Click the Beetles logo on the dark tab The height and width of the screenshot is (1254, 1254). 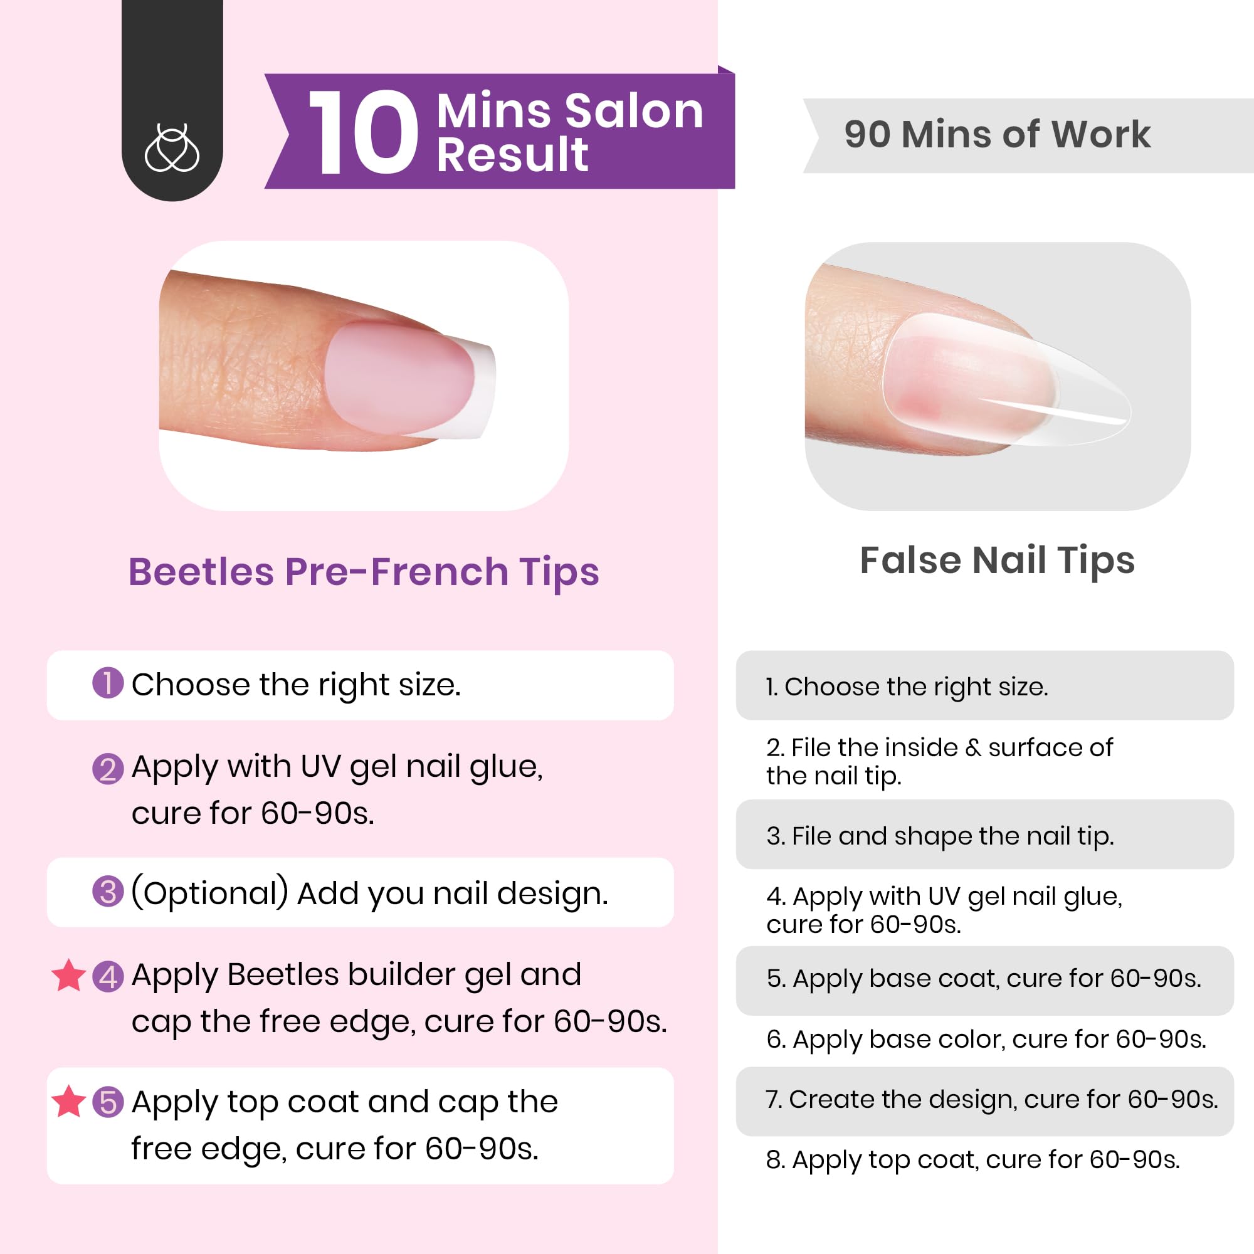(171, 149)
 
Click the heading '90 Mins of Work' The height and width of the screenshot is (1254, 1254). (997, 135)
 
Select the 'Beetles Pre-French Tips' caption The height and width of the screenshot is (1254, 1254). (364, 572)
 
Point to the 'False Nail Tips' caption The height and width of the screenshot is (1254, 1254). (997, 560)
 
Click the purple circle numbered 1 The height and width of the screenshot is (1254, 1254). (108, 683)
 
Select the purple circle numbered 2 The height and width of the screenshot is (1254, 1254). (108, 769)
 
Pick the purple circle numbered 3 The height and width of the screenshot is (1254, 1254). (108, 892)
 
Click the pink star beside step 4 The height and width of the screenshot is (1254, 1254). (68, 976)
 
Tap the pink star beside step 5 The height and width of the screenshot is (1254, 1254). (68, 1102)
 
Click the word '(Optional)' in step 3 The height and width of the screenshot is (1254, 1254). (209, 892)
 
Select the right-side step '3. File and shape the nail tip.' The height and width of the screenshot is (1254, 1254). (939, 836)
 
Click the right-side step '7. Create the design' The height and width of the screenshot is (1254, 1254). (991, 1100)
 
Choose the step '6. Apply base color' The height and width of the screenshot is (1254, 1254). (985, 1039)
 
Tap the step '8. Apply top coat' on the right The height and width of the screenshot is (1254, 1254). (972, 1160)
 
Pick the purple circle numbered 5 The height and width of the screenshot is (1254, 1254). (108, 1102)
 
